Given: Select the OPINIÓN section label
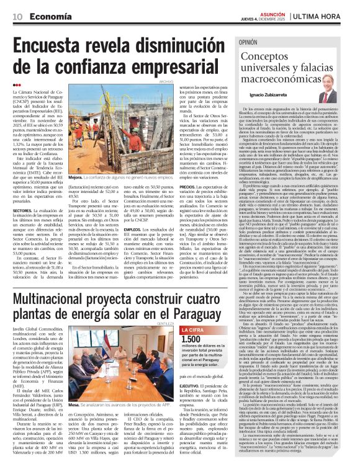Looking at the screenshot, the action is point(249,42).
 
